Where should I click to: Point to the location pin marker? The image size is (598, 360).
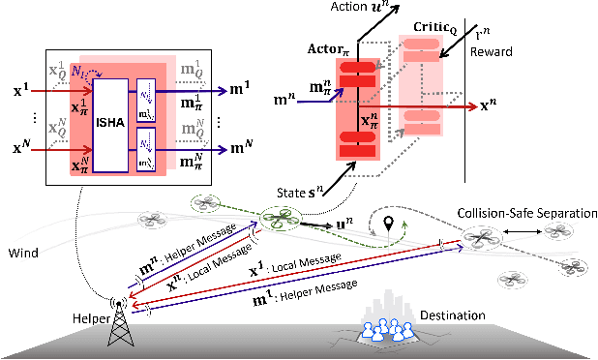[x=389, y=224]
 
